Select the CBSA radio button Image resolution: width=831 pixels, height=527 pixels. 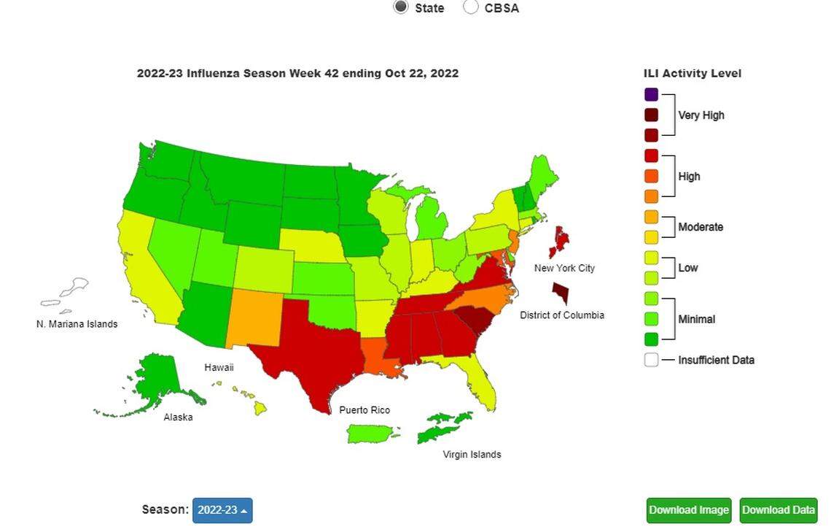tap(471, 7)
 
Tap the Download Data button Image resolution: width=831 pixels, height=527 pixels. tap(778, 510)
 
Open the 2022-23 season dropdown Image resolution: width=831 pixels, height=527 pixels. tap(222, 510)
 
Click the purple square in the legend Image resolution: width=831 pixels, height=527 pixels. tap(651, 94)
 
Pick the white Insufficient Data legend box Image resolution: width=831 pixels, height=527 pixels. tap(651, 359)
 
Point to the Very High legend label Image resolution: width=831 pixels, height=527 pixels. tap(701, 115)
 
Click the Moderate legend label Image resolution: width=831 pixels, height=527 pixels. tap(701, 227)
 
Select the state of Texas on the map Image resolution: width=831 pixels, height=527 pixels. tap(313, 350)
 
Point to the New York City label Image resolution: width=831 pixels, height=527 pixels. tap(564, 268)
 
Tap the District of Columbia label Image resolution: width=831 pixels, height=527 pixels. tap(561, 315)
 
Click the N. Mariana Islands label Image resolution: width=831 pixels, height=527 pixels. tap(77, 324)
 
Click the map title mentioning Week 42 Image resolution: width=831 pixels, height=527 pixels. tap(297, 73)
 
